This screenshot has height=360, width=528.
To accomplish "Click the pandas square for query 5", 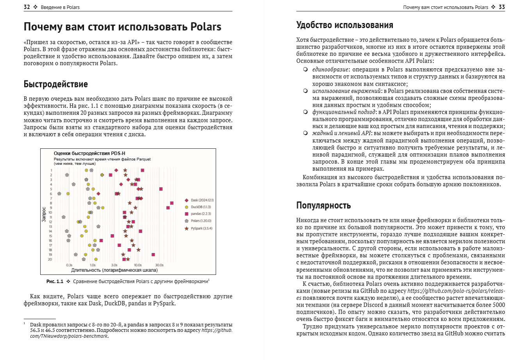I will pyautogui.click(x=161, y=189).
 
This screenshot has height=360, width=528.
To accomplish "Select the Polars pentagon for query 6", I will pyautogui.click(x=59, y=194).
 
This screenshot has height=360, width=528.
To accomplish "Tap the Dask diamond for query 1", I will pyautogui.click(x=116, y=170).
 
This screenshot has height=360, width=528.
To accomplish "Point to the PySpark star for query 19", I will pyautogui.click(x=123, y=255).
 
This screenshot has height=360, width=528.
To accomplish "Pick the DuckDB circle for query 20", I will pyautogui.click(x=96, y=259).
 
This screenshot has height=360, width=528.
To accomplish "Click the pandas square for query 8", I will pyautogui.click(x=172, y=203).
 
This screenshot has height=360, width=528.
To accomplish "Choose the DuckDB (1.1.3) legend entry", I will pyautogui.click(x=200, y=207).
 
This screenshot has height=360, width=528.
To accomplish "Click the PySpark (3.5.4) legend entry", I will pyautogui.click(x=201, y=228).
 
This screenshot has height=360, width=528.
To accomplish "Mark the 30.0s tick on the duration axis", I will pyautogui.click(x=160, y=265).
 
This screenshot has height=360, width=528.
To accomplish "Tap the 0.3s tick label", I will pyautogui.click(x=70, y=265).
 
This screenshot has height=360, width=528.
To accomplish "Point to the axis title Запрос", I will pyautogui.click(x=44, y=214).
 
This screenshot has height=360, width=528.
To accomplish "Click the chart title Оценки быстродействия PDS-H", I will pyautogui.click(x=89, y=153).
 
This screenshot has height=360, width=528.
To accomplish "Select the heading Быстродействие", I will pyautogui.click(x=55, y=84).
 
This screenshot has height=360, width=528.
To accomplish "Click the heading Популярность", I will pyautogui.click(x=323, y=205).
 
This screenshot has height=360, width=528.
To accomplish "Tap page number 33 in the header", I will pyautogui.click(x=502, y=7).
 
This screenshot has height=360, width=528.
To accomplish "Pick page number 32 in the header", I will pyautogui.click(x=27, y=7).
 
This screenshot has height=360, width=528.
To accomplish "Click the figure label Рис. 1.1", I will pyautogui.click(x=55, y=281).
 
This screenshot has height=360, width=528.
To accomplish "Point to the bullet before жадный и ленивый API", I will pyautogui.click(x=305, y=133).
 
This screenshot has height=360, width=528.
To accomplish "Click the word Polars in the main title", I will pyautogui.click(x=206, y=27).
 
